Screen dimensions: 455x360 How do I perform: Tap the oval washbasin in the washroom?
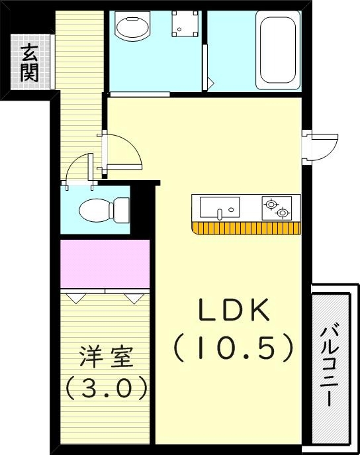pos(132,28)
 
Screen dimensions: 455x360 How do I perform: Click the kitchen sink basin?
pos(219,209)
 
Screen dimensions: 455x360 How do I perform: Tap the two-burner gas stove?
pos(276,208)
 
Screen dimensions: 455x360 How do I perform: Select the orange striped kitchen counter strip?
pos(246,228)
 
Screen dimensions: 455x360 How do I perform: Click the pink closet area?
pos(105,264)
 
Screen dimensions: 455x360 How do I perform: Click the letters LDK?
pos(233,311)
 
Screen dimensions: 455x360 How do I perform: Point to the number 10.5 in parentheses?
pos(233,346)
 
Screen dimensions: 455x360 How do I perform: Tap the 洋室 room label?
pos(106,358)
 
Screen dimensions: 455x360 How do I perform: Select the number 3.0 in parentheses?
pos(106,387)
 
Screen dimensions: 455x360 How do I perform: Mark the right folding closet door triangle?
pos(134,298)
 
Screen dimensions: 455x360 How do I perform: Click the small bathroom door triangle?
pos(210,83)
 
